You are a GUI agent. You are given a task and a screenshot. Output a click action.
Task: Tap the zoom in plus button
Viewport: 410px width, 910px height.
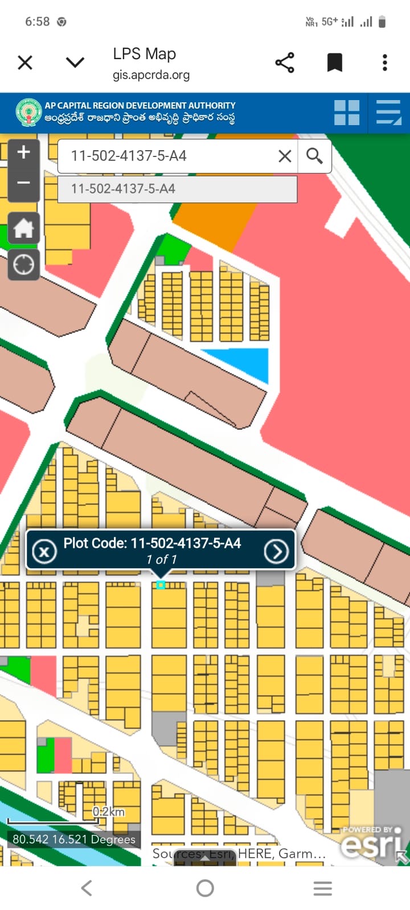(x=23, y=152)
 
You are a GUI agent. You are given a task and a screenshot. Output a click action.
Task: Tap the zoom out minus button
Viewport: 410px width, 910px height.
(x=23, y=183)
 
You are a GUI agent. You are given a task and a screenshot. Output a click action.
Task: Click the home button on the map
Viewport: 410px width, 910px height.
(x=23, y=229)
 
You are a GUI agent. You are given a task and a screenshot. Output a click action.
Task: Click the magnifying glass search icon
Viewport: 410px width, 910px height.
(x=314, y=155)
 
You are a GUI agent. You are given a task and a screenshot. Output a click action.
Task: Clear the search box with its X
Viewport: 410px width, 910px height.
(x=285, y=156)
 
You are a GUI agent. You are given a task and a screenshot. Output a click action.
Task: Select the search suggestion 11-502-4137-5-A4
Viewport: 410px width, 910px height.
(x=123, y=189)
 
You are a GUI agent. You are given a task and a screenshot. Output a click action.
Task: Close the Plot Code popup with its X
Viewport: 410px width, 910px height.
(x=44, y=551)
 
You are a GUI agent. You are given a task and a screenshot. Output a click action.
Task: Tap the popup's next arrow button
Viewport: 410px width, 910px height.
(x=276, y=551)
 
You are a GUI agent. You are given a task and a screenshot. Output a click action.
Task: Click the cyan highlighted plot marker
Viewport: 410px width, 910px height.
(x=161, y=585)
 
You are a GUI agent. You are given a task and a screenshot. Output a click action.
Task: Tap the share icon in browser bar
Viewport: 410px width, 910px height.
(x=285, y=63)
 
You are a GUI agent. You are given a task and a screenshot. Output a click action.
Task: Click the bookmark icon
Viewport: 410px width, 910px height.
(x=335, y=63)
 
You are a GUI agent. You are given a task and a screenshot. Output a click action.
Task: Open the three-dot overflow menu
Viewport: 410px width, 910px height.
(x=385, y=63)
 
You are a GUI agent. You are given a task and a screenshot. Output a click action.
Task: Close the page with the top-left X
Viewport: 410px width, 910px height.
(x=25, y=63)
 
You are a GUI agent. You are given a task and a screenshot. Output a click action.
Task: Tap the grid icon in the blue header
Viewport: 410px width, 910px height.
(x=347, y=113)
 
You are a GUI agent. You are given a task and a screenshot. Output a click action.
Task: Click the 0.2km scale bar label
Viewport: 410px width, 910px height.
(x=108, y=812)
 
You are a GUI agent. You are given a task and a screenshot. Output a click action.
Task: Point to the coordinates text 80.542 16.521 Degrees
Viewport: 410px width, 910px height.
(x=74, y=839)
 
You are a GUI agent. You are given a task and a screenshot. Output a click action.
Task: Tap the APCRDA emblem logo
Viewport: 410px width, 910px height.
(x=28, y=113)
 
